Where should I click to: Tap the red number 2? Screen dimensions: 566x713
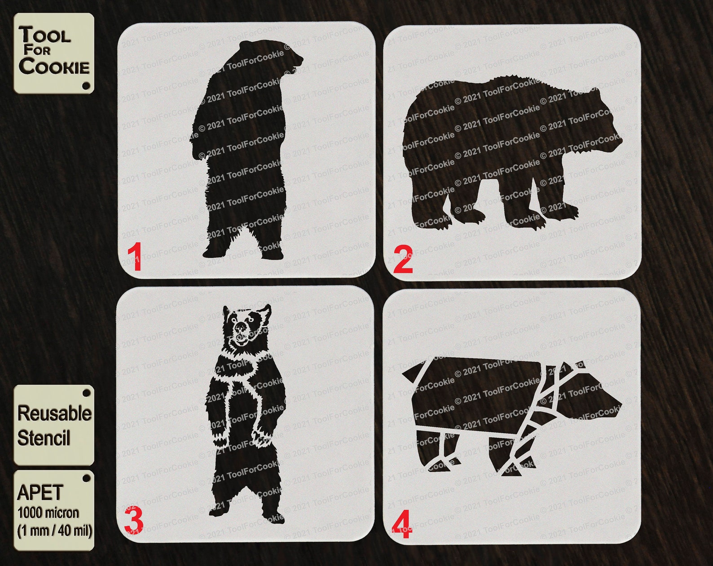point(403,260)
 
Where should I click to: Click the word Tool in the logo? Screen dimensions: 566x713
point(45,35)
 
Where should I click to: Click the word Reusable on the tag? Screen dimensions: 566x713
point(54,413)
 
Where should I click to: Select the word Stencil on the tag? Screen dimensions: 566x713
point(44,438)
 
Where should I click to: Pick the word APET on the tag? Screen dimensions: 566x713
point(40,492)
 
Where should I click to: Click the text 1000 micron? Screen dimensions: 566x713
point(48,513)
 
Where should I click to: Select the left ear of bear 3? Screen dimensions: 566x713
point(227,310)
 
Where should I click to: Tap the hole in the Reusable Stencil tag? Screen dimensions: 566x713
point(86,393)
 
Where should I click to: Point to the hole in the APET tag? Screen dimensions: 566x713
point(86,478)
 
